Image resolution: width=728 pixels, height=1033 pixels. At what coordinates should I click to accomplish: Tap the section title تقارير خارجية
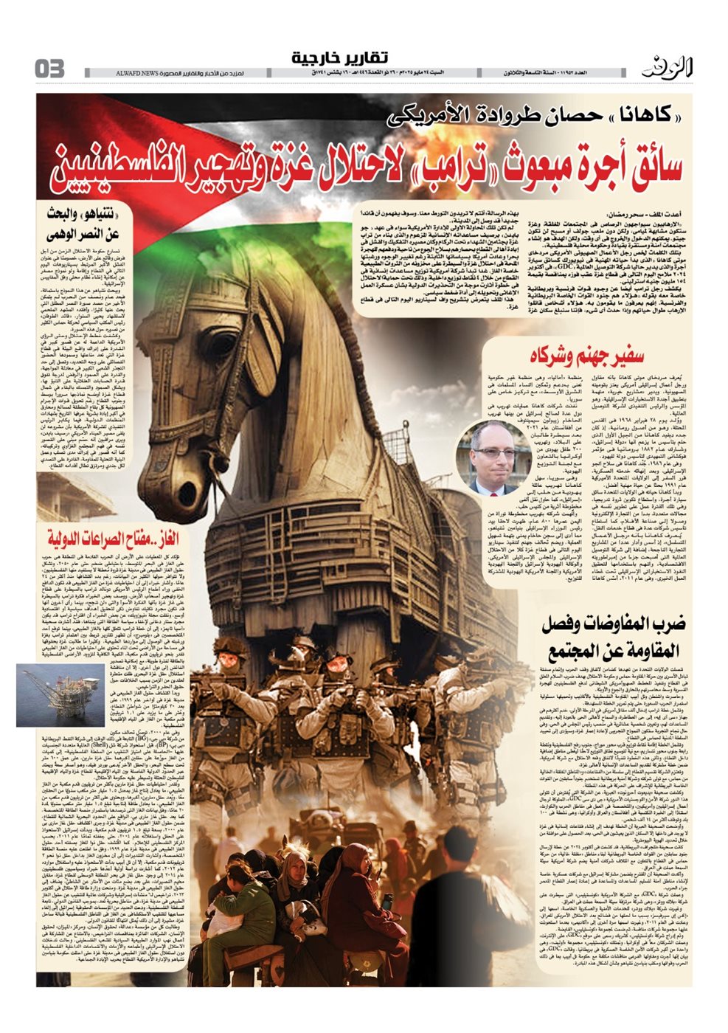click(339, 58)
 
